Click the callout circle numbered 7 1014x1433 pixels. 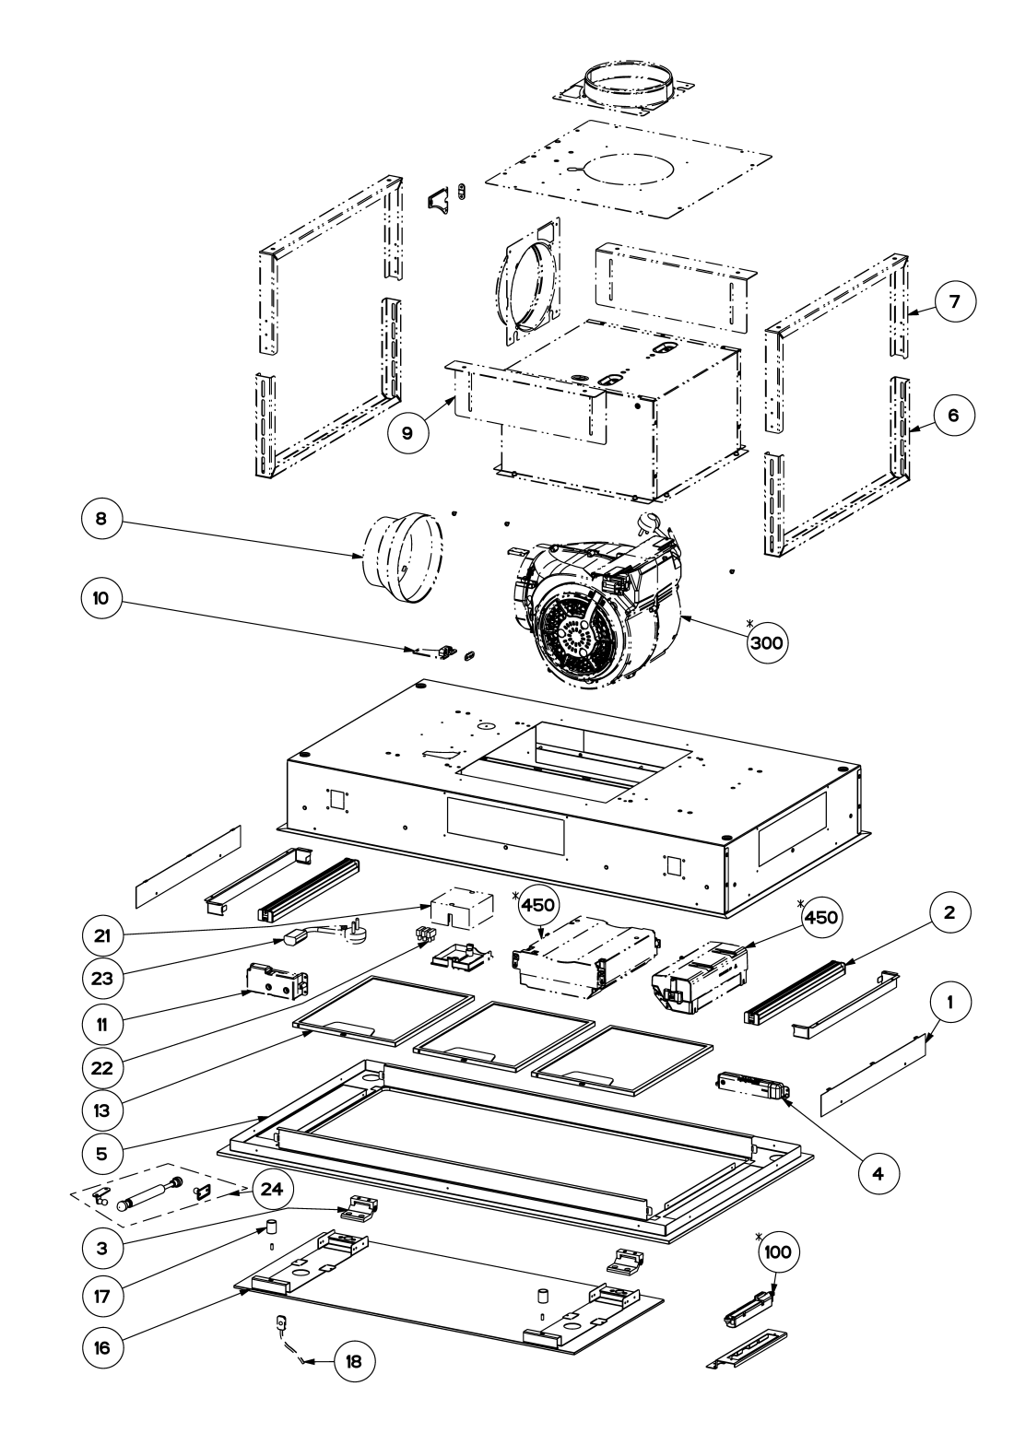click(954, 301)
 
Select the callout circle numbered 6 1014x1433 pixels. click(953, 416)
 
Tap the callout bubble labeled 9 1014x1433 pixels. click(407, 433)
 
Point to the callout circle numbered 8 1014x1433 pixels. click(101, 518)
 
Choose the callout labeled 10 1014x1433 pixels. click(101, 599)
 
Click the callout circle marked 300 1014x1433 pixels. click(767, 641)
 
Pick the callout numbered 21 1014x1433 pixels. click(102, 936)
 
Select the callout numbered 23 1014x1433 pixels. click(102, 978)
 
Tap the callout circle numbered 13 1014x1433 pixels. click(102, 1110)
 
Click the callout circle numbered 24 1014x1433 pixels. click(272, 1190)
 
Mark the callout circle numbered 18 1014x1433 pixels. click(354, 1362)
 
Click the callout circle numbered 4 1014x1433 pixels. click(878, 1174)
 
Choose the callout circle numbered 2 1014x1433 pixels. click(949, 912)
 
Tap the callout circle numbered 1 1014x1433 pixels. click(949, 1002)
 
